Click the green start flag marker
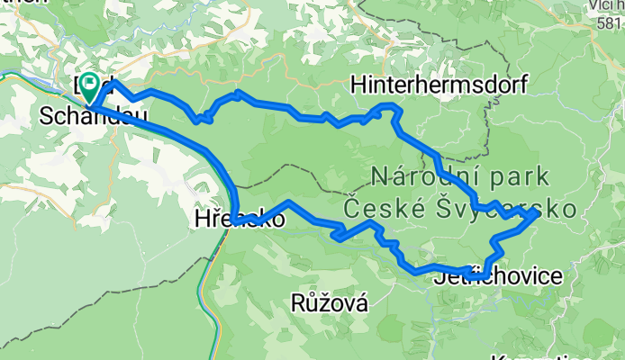[x=91, y=87]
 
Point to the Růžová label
[x=330, y=303]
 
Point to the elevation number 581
[x=610, y=26]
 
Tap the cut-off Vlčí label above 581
[x=607, y=7]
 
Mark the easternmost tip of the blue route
[x=538, y=213]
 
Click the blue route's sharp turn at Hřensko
[x=232, y=220]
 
